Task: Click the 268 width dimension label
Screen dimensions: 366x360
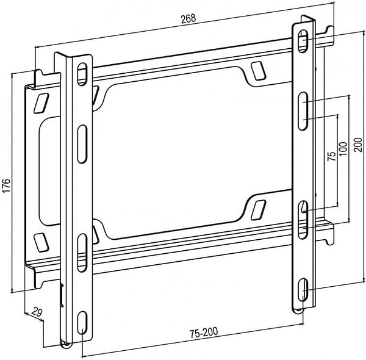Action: coord(188,19)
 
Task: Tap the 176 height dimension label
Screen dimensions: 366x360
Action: coord(6,185)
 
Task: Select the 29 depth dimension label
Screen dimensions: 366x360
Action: coord(37,312)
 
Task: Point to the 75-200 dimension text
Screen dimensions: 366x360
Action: coord(204,333)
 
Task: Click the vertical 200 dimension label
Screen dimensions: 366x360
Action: coord(358,145)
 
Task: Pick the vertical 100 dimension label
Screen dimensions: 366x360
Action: coord(343,149)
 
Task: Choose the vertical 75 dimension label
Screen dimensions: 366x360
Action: coord(331,156)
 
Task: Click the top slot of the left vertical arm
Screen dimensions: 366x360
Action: coord(82,74)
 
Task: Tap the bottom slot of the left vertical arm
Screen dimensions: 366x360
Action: coord(82,323)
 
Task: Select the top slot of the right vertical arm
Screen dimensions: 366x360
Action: coord(303,41)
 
